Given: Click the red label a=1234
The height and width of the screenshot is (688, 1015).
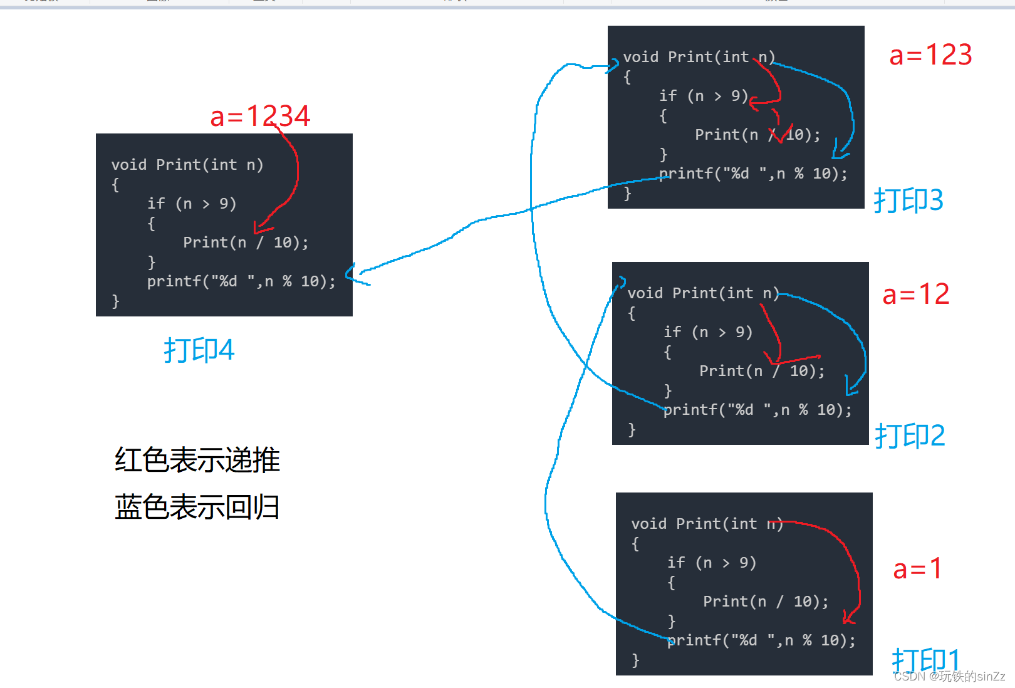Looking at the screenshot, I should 260,117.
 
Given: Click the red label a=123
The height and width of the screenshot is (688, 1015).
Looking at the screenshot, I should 930,55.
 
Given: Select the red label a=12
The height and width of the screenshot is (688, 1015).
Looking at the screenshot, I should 915,294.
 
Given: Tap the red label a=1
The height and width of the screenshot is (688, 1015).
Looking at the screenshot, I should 917,569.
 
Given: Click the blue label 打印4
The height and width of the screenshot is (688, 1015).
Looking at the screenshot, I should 199,350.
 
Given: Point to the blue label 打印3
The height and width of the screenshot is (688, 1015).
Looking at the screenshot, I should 908,201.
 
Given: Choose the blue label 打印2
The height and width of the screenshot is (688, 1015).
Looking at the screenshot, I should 910,435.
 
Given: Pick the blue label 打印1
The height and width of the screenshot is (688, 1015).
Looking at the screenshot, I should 925,660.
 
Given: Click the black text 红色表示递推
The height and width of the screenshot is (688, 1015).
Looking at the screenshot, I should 197,460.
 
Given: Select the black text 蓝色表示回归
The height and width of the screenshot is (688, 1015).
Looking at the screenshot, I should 197,507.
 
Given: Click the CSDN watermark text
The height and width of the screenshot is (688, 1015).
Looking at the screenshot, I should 949,677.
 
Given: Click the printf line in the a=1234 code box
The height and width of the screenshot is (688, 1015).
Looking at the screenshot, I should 241,281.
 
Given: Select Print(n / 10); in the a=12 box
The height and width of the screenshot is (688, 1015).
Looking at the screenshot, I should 761,371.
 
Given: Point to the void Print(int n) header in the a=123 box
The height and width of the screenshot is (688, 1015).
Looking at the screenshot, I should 699,57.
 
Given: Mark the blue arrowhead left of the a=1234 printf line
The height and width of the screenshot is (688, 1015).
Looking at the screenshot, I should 351,273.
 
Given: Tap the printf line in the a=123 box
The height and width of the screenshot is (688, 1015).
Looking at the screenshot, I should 753,174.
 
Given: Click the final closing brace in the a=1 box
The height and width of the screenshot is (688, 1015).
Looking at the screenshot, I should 635,660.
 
